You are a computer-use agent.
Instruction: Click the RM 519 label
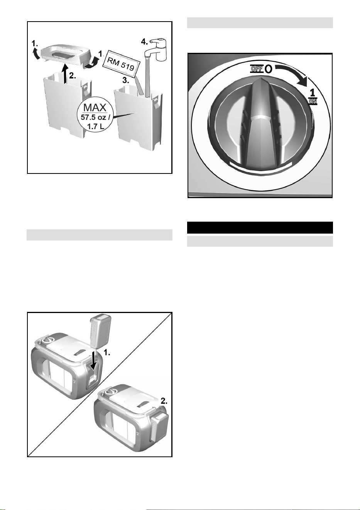tap(121, 64)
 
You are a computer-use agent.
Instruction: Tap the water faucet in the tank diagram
tap(156, 50)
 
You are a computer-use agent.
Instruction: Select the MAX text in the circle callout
tap(95, 107)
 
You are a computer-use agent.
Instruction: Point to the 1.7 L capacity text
tap(96, 126)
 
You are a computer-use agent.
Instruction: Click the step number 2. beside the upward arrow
tap(73, 76)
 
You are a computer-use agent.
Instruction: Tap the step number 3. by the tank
tap(126, 80)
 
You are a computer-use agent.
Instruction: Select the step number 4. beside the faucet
tap(144, 41)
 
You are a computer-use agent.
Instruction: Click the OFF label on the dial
tap(257, 68)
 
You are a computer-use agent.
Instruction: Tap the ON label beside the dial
tap(313, 101)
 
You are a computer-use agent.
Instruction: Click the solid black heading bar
tap(260, 227)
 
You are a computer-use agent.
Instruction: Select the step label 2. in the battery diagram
tap(164, 401)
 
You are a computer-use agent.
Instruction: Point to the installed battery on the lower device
tap(159, 428)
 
